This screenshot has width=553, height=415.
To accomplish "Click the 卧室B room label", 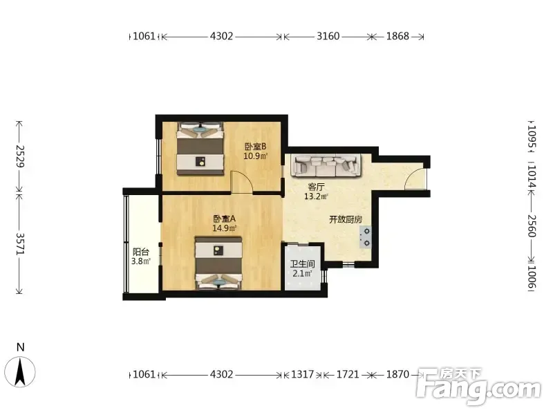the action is [256, 146].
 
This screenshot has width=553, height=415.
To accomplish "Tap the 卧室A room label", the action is [224, 219].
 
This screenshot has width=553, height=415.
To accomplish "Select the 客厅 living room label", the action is [316, 187].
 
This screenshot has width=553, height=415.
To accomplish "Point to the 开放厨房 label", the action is [346, 219].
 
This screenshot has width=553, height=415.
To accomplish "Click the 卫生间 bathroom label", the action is [302, 264].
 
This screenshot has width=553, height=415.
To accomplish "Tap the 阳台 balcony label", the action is [141, 252].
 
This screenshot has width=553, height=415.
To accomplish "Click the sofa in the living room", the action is [326, 165].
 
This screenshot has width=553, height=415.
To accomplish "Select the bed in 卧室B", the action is [200, 149].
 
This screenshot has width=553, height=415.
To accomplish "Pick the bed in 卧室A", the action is [219, 264].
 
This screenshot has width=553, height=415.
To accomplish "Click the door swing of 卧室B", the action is [241, 181].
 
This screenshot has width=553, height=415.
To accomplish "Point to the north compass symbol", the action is [21, 371].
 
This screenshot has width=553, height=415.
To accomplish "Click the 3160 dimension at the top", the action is [328, 36].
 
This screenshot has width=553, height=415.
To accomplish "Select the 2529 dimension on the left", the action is [20, 156].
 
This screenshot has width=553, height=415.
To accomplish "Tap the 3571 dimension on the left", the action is [20, 244].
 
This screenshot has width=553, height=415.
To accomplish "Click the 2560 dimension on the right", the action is [532, 226].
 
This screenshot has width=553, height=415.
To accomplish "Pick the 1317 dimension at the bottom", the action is [303, 374].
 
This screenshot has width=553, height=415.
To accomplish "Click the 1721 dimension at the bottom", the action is [348, 374].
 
